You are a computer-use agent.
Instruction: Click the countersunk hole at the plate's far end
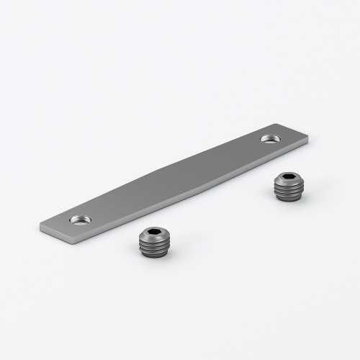[x=271, y=137]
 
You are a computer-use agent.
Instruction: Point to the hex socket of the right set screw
[x=288, y=178]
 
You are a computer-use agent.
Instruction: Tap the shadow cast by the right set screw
[x=306, y=197]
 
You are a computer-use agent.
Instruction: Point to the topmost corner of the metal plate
[x=274, y=122]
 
